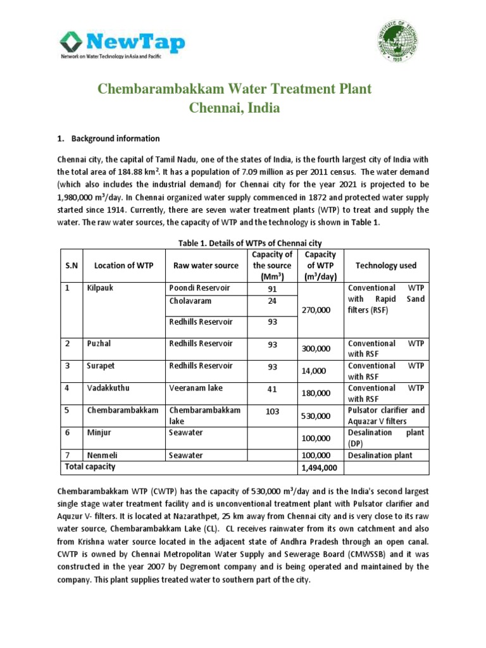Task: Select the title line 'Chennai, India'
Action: [x=235, y=108]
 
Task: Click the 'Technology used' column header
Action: [x=386, y=266]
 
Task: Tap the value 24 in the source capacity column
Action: [x=271, y=301]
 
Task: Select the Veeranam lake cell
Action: [x=196, y=388]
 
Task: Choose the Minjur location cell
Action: [x=98, y=433]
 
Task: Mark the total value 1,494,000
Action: [x=320, y=468]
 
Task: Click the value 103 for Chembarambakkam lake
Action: [x=271, y=411]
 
